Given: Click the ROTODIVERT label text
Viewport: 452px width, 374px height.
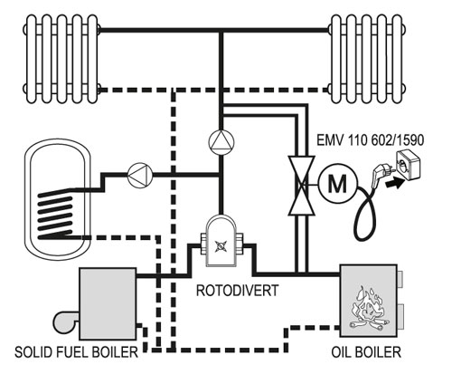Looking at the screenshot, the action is point(237,291).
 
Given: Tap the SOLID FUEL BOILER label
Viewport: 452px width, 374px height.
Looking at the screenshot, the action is point(76,352).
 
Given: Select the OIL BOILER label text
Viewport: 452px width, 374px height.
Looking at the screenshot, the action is point(366,352).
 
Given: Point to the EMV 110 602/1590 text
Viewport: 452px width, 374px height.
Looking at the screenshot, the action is point(370,140).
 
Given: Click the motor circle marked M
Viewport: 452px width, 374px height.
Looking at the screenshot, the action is point(337,183).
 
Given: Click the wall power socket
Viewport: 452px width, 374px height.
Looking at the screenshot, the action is point(408,165).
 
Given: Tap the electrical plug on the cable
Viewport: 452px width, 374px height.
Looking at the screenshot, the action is point(381,173).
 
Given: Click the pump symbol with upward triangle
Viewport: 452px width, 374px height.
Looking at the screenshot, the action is point(221,142).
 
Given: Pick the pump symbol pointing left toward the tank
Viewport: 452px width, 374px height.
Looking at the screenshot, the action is point(140,175).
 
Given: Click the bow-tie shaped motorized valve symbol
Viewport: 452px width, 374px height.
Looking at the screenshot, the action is point(302,186).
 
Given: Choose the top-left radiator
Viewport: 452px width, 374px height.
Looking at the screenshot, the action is point(61,59).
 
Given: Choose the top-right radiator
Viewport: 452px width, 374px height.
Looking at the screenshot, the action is point(367,59).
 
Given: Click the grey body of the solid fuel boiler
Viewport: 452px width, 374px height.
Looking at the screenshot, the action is point(108,304).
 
